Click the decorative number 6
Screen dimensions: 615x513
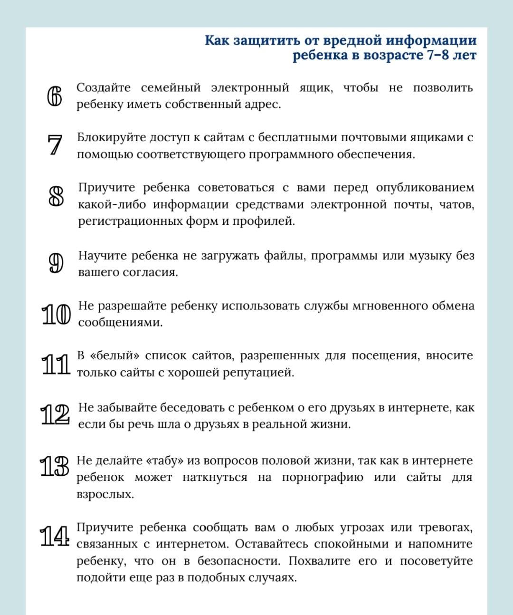click(x=55, y=96)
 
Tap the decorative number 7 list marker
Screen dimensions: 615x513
click(x=55, y=145)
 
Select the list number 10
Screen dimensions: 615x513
click(x=57, y=315)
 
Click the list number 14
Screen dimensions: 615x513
click(x=55, y=536)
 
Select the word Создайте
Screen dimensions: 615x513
click(x=104, y=88)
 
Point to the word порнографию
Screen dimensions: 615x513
click(x=323, y=477)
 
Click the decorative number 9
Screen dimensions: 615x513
click(x=56, y=264)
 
